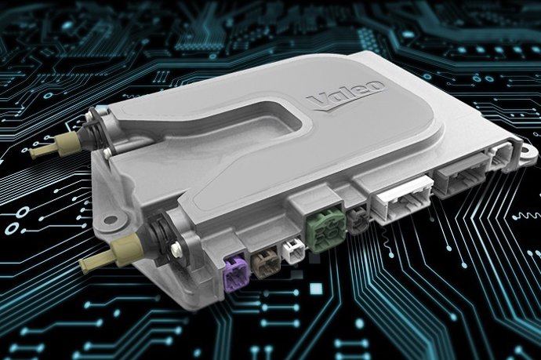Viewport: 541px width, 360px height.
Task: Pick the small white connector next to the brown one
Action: click(292, 251)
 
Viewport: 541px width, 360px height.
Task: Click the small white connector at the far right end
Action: click(498, 155)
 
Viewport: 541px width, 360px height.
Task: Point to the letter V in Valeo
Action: click(317, 100)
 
